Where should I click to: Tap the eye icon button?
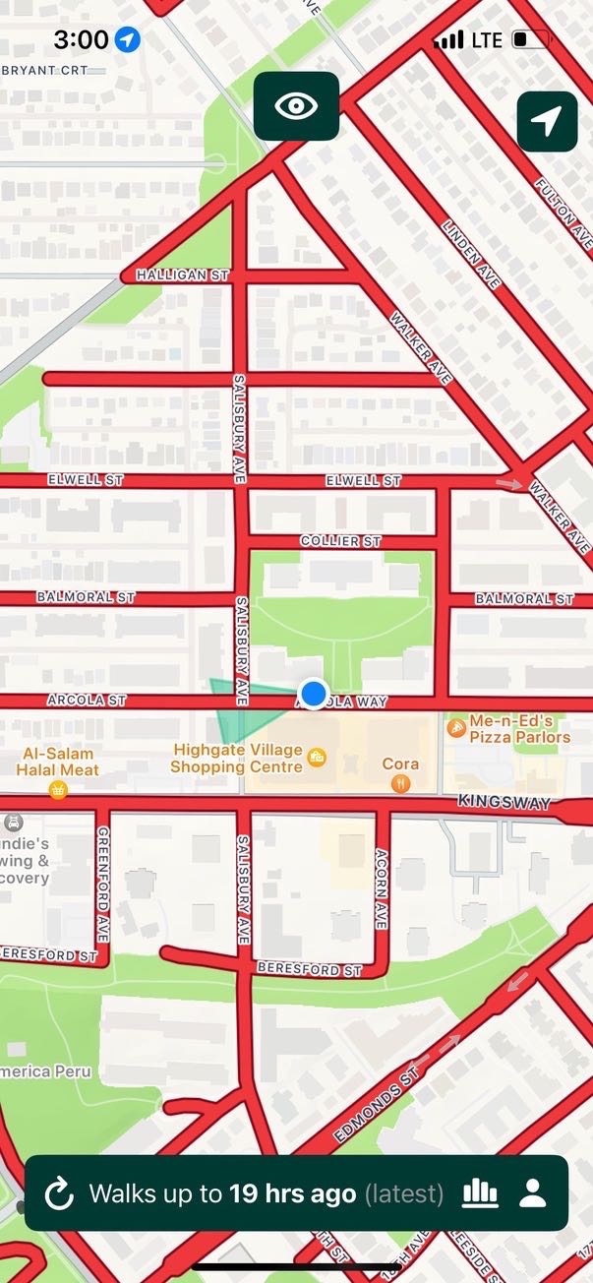296,105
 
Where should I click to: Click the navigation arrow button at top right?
547,121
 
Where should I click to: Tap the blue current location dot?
314,694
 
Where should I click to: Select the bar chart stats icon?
480,1193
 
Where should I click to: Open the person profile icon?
532,1193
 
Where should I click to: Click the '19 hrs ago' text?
292,1194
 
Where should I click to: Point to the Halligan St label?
182,275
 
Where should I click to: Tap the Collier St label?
340,541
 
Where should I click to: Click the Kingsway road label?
504,804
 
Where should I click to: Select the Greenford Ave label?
103,883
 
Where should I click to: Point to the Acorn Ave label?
382,888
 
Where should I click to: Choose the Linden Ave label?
472,254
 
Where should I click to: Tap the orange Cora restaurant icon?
399,784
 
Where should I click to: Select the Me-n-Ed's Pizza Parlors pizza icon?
456,727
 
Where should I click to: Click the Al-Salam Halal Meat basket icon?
58,789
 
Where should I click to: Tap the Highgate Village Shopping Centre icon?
317,757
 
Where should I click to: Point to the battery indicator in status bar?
529,39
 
